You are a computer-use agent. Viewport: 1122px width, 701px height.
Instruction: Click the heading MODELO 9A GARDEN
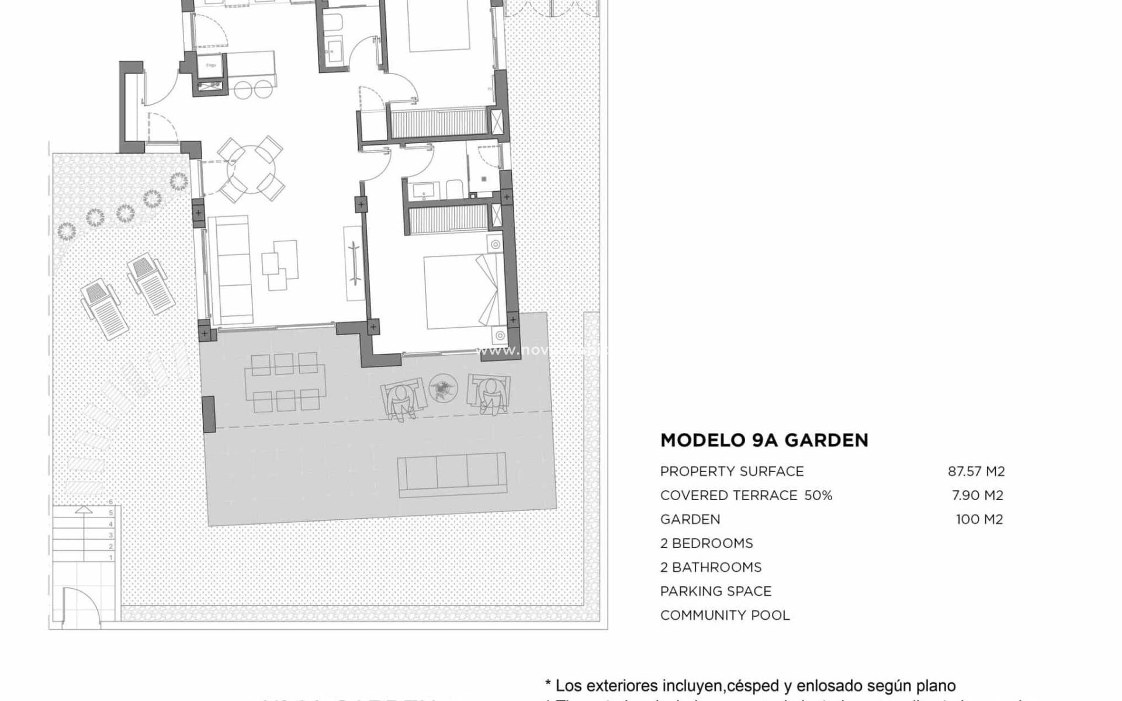(764, 440)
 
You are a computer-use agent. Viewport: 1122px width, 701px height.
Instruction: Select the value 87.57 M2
(976, 471)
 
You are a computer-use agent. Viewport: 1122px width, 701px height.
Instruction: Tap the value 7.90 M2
(977, 495)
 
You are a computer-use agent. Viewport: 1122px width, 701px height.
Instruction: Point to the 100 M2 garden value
(979, 519)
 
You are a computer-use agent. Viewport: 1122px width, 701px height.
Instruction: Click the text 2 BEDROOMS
(707, 543)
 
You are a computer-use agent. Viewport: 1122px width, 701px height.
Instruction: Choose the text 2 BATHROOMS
(711, 567)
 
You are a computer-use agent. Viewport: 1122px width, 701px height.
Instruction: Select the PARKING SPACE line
(716, 591)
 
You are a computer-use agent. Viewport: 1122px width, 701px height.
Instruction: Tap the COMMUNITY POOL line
(725, 615)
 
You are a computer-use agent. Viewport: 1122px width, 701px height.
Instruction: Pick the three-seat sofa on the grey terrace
(451, 475)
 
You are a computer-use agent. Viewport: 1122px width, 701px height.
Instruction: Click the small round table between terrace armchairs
(444, 388)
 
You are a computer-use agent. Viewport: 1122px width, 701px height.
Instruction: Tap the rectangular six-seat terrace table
(285, 382)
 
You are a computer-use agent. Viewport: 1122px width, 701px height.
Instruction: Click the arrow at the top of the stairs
(84, 510)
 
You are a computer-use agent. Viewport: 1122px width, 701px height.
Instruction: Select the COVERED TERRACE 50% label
(746, 495)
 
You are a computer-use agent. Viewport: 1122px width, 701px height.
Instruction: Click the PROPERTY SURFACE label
(732, 471)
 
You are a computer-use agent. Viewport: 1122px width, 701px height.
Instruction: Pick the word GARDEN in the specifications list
(690, 519)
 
